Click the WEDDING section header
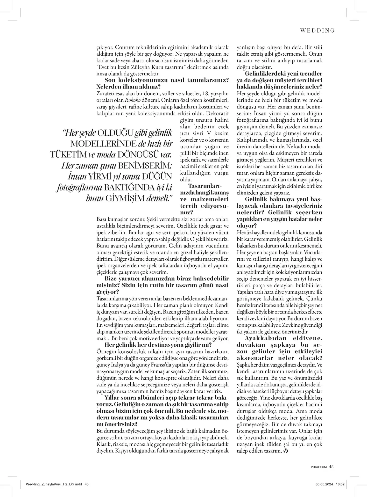click(317, 31)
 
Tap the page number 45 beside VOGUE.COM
click(331, 467)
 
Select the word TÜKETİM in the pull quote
click(68, 155)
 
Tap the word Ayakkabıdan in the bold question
click(264, 338)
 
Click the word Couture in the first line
click(123, 48)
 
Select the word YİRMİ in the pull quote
click(100, 177)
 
